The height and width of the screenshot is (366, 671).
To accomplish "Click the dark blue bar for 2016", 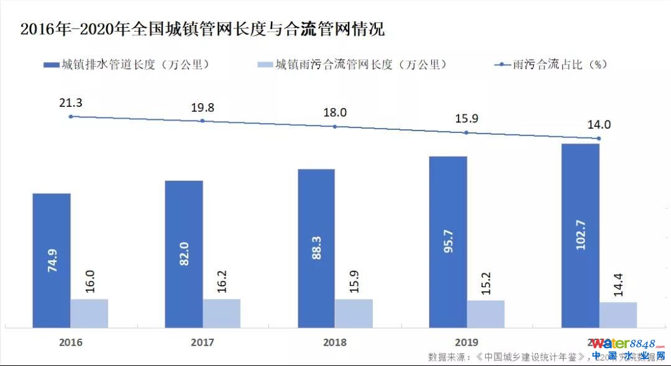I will pyautogui.click(x=52, y=260).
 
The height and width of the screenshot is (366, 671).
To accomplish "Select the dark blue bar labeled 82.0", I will pyautogui.click(x=184, y=254).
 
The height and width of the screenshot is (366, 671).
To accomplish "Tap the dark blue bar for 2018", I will pyautogui.click(x=316, y=249).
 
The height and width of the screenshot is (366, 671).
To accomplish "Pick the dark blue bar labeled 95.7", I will pyautogui.click(x=449, y=242).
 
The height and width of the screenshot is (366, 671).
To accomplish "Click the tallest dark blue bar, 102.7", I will pyautogui.click(x=580, y=236).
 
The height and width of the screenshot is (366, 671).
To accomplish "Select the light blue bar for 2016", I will pyautogui.click(x=89, y=313).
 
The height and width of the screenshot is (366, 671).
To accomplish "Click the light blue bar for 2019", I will pyautogui.click(x=486, y=314).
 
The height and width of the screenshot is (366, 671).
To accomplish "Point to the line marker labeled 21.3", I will pyautogui.click(x=70, y=116).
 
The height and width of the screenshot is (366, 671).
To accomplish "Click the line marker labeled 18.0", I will pyautogui.click(x=335, y=126).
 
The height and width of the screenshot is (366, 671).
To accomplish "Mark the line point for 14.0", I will pyautogui.click(x=599, y=139).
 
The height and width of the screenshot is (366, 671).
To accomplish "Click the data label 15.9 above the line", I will pyautogui.click(x=467, y=119).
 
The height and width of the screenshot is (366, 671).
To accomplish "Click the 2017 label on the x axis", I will pyautogui.click(x=203, y=342).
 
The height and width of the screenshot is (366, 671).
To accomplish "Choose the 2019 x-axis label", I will pyautogui.click(x=467, y=342).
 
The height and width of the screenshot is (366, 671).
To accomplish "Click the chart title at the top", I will pyautogui.click(x=203, y=29).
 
